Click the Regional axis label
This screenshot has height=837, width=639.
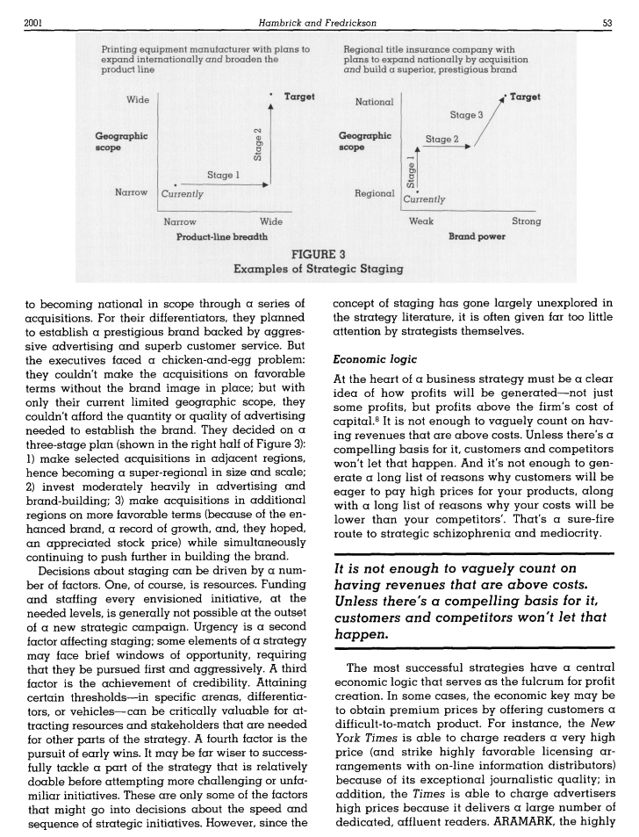[x=372, y=192]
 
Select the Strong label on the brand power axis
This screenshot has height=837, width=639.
[x=526, y=222]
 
